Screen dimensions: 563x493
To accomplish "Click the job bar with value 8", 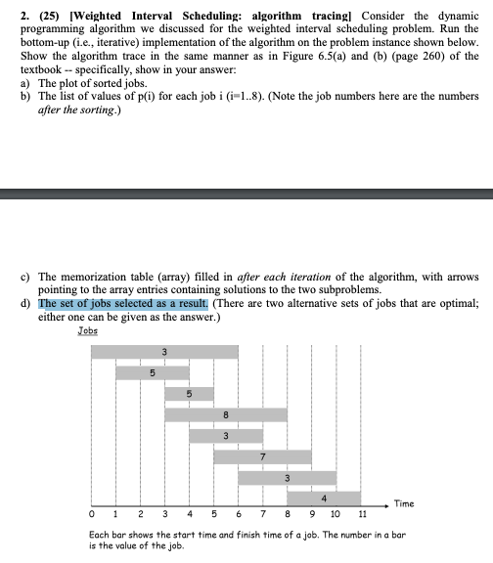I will (x=226, y=414).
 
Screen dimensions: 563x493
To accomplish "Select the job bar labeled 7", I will (x=263, y=456).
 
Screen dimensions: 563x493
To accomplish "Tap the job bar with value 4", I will (x=336, y=498).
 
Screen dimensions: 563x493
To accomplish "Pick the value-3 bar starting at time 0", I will (x=164, y=351).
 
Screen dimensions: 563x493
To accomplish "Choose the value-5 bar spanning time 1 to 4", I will (x=153, y=372).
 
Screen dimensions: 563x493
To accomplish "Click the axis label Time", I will (x=403, y=504).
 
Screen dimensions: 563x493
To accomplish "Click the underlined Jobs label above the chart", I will (x=88, y=332).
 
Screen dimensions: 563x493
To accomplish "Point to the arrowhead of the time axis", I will (x=385, y=506).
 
